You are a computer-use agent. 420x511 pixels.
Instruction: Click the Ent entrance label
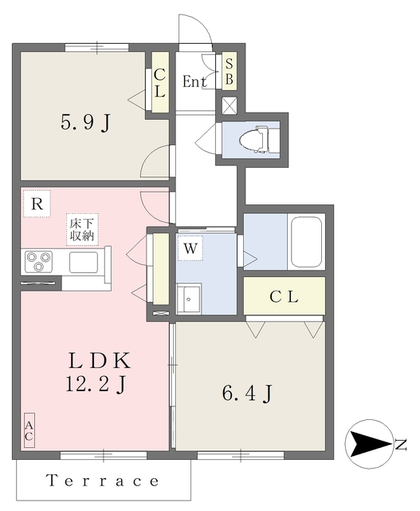point(194,81)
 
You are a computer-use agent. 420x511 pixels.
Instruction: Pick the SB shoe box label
point(229,71)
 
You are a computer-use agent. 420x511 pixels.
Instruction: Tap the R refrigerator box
point(37,204)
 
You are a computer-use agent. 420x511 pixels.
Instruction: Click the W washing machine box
point(189,249)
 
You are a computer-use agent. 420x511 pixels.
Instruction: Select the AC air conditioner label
point(29,432)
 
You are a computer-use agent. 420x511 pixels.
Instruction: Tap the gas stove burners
point(38,259)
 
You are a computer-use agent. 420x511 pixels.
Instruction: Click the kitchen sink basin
point(83,261)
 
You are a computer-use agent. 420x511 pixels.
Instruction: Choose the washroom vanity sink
point(191,299)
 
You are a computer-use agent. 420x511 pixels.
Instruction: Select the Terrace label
point(103,481)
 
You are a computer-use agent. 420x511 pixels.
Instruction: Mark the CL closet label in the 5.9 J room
point(159,83)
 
